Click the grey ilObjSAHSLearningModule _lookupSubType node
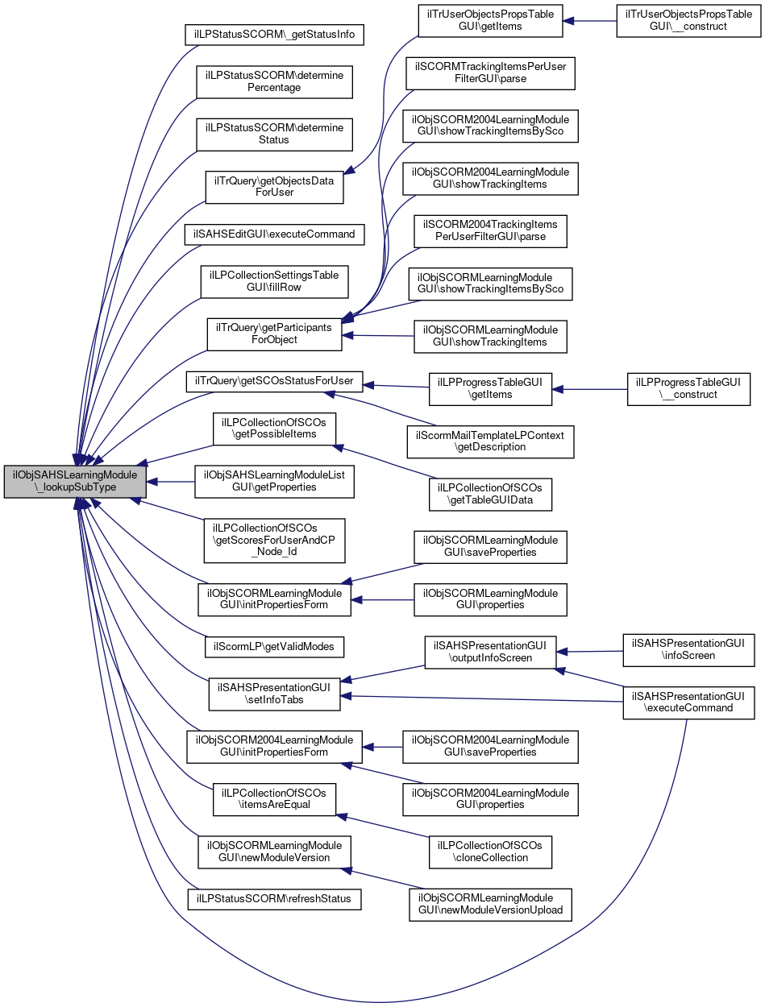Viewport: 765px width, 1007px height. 76,481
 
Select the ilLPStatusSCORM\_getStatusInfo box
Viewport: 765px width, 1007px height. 275,35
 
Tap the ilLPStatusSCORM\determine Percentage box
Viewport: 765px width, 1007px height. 275,81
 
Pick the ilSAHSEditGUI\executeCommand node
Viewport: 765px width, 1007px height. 275,234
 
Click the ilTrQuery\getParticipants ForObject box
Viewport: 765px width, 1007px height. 275,333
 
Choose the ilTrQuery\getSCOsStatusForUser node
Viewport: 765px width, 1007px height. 275,380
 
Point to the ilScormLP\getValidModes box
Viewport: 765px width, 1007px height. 275,646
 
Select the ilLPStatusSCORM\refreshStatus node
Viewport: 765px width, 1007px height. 275,898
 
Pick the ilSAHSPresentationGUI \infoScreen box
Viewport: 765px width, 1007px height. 688,650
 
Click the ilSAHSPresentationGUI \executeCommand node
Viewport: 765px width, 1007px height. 688,702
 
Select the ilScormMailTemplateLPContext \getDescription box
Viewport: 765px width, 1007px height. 489,441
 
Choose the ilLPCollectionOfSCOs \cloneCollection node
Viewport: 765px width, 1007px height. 489,851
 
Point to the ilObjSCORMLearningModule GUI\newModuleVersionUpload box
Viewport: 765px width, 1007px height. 489,905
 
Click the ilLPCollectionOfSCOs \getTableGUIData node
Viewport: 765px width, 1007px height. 489,494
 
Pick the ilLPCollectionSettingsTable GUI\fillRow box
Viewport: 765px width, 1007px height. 275,280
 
